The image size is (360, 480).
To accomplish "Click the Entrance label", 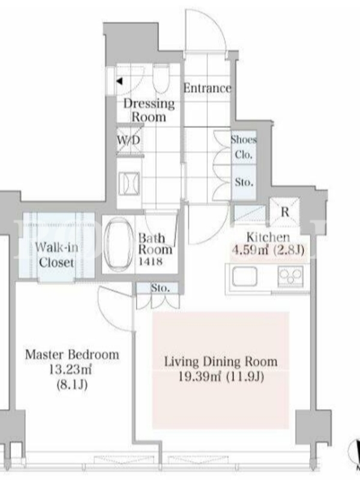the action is pyautogui.click(x=207, y=88).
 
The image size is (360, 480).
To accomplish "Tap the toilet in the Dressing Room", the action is pyautogui.click(x=160, y=78).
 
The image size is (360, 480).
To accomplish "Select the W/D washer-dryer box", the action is pyautogui.click(x=129, y=140).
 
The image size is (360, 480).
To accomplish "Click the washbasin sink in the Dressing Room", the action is pyautogui.click(x=129, y=184).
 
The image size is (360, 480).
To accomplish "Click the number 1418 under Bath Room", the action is pyautogui.click(x=151, y=262).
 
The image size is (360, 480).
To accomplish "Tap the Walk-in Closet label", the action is pyautogui.click(x=56, y=255).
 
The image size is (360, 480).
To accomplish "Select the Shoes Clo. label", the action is pyautogui.click(x=244, y=147).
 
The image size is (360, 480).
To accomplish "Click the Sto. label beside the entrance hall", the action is pyautogui.click(x=244, y=182).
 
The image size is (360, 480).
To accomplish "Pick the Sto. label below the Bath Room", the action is pyautogui.click(x=160, y=288).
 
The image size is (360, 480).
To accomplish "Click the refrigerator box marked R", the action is pyautogui.click(x=284, y=212).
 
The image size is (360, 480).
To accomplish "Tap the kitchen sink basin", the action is pyautogui.click(x=244, y=277).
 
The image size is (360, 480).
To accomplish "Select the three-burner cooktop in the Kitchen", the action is pyautogui.click(x=290, y=277).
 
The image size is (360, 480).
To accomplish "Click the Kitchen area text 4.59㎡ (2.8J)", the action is pyautogui.click(x=268, y=250).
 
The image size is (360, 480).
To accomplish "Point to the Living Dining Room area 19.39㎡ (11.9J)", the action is pyautogui.click(x=221, y=377).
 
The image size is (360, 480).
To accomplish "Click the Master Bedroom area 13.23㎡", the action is pyautogui.click(x=71, y=370).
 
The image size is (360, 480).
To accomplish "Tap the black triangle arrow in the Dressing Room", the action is pyautogui.click(x=119, y=82).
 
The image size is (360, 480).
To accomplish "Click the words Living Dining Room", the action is pyautogui.click(x=221, y=362).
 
